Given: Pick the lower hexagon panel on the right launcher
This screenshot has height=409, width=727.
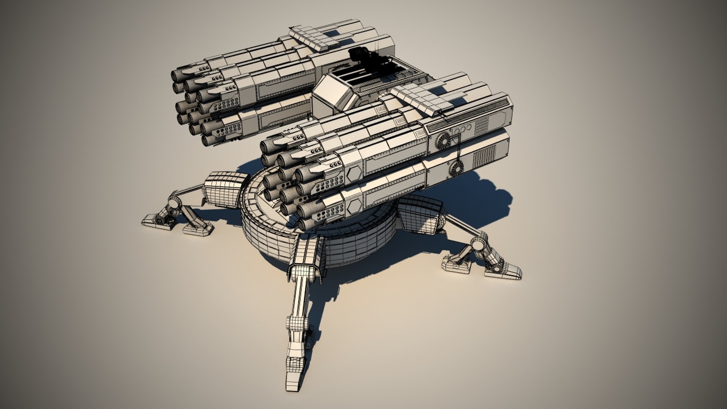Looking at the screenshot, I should pos(354,206).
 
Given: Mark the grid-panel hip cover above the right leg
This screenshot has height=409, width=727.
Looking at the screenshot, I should pos(420,215).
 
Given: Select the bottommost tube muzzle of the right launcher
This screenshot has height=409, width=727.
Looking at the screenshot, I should pos(306,225).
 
